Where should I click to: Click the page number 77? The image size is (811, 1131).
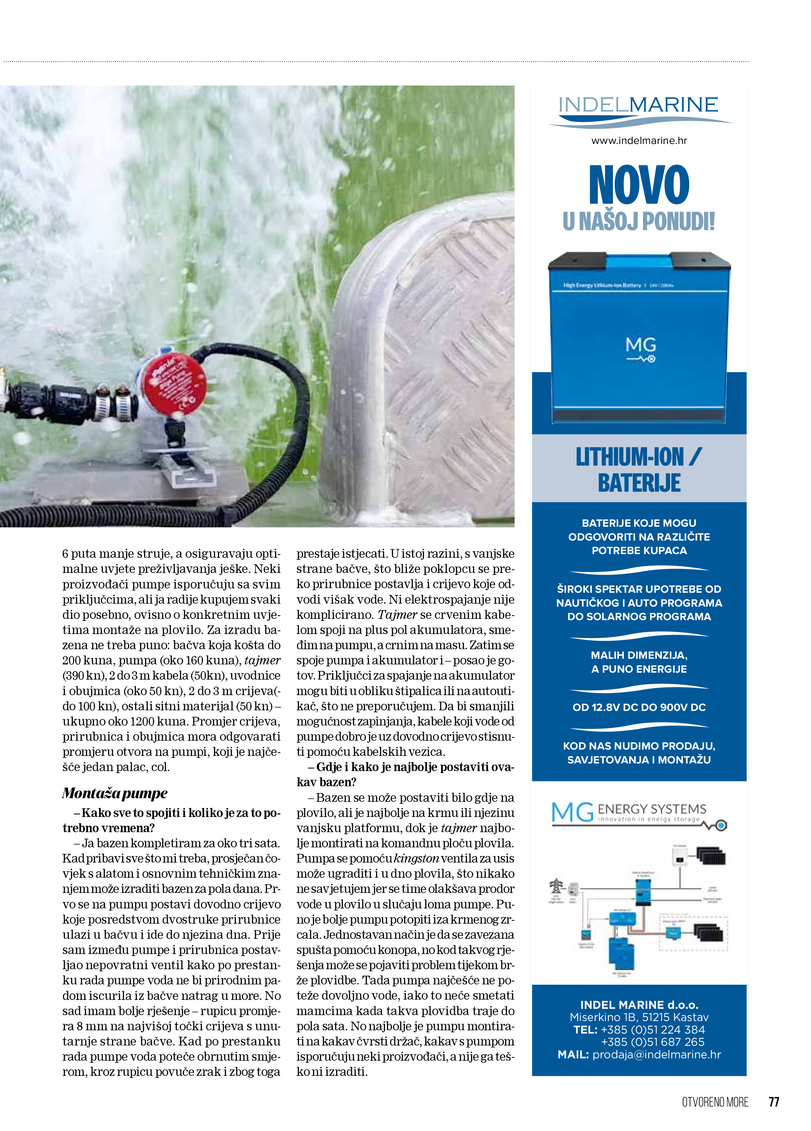pyautogui.click(x=774, y=1102)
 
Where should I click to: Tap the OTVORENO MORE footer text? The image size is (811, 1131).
pyautogui.click(x=715, y=1102)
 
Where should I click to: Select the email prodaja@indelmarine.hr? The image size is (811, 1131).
pyautogui.click(x=656, y=1054)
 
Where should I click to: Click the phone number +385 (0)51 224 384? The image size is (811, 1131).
pyautogui.click(x=653, y=1029)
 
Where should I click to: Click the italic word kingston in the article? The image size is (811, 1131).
pyautogui.click(x=416, y=858)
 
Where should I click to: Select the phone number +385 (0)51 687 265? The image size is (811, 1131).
pyautogui.click(x=653, y=1042)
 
